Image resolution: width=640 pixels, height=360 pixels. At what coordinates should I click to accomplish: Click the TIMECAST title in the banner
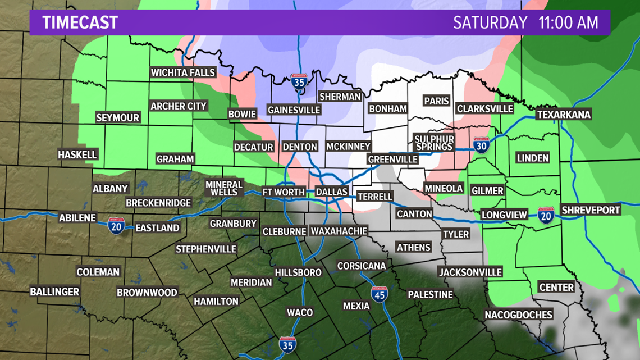click(80, 22)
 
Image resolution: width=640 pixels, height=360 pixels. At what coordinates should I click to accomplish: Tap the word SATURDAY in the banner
click(490, 22)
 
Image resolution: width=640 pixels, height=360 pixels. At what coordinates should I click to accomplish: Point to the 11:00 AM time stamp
click(568, 22)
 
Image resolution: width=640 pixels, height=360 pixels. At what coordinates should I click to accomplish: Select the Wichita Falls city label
click(183, 72)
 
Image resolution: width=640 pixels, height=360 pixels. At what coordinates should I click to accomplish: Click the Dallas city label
click(332, 192)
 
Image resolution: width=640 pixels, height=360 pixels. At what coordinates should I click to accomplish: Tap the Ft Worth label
click(283, 192)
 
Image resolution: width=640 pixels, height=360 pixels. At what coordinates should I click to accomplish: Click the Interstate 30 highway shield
click(481, 145)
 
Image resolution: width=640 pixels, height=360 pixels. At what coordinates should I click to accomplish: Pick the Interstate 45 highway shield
click(380, 294)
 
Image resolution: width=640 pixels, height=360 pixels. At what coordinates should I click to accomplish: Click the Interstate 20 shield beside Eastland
click(116, 226)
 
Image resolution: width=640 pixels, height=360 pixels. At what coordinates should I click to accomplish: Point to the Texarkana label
click(564, 115)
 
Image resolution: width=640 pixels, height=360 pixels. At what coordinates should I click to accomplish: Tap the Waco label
click(300, 312)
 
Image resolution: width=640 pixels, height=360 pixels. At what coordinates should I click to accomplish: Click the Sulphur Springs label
click(434, 143)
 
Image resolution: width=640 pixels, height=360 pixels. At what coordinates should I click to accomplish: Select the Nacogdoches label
click(519, 315)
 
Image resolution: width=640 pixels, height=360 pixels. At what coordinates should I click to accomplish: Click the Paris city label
click(437, 101)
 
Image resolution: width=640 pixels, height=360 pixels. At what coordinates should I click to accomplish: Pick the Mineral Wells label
click(224, 188)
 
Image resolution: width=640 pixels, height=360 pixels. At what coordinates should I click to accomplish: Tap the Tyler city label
click(456, 234)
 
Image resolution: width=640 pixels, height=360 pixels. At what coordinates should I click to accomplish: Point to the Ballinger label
click(54, 292)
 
